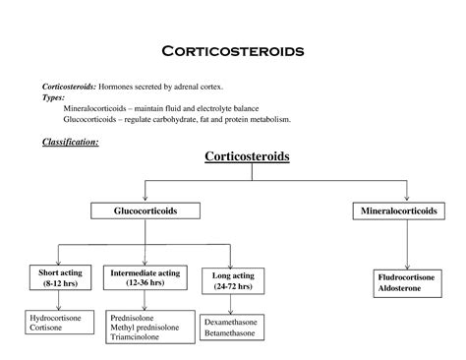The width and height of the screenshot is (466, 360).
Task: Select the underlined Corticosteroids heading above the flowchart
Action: (x=247, y=156)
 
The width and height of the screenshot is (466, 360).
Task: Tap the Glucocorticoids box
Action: (x=146, y=210)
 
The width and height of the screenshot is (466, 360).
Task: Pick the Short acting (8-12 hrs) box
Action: (x=58, y=277)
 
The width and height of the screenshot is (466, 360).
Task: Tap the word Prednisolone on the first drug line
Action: (x=133, y=319)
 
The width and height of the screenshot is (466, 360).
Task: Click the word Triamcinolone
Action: (x=138, y=340)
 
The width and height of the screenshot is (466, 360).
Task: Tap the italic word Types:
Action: (x=53, y=98)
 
